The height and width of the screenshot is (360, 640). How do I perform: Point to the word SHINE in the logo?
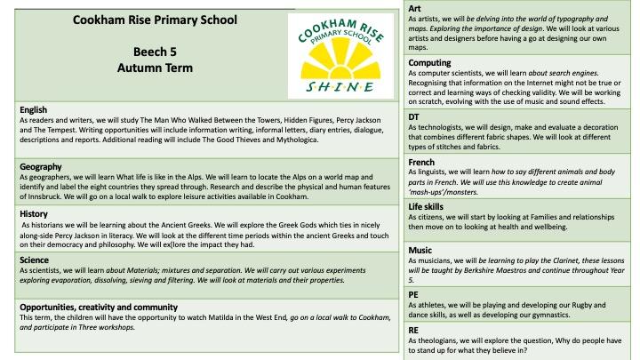(343, 87)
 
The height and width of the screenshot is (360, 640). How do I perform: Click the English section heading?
(34, 110)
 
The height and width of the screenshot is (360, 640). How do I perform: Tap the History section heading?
(35, 214)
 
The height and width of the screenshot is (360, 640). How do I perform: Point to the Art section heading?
(414, 7)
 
